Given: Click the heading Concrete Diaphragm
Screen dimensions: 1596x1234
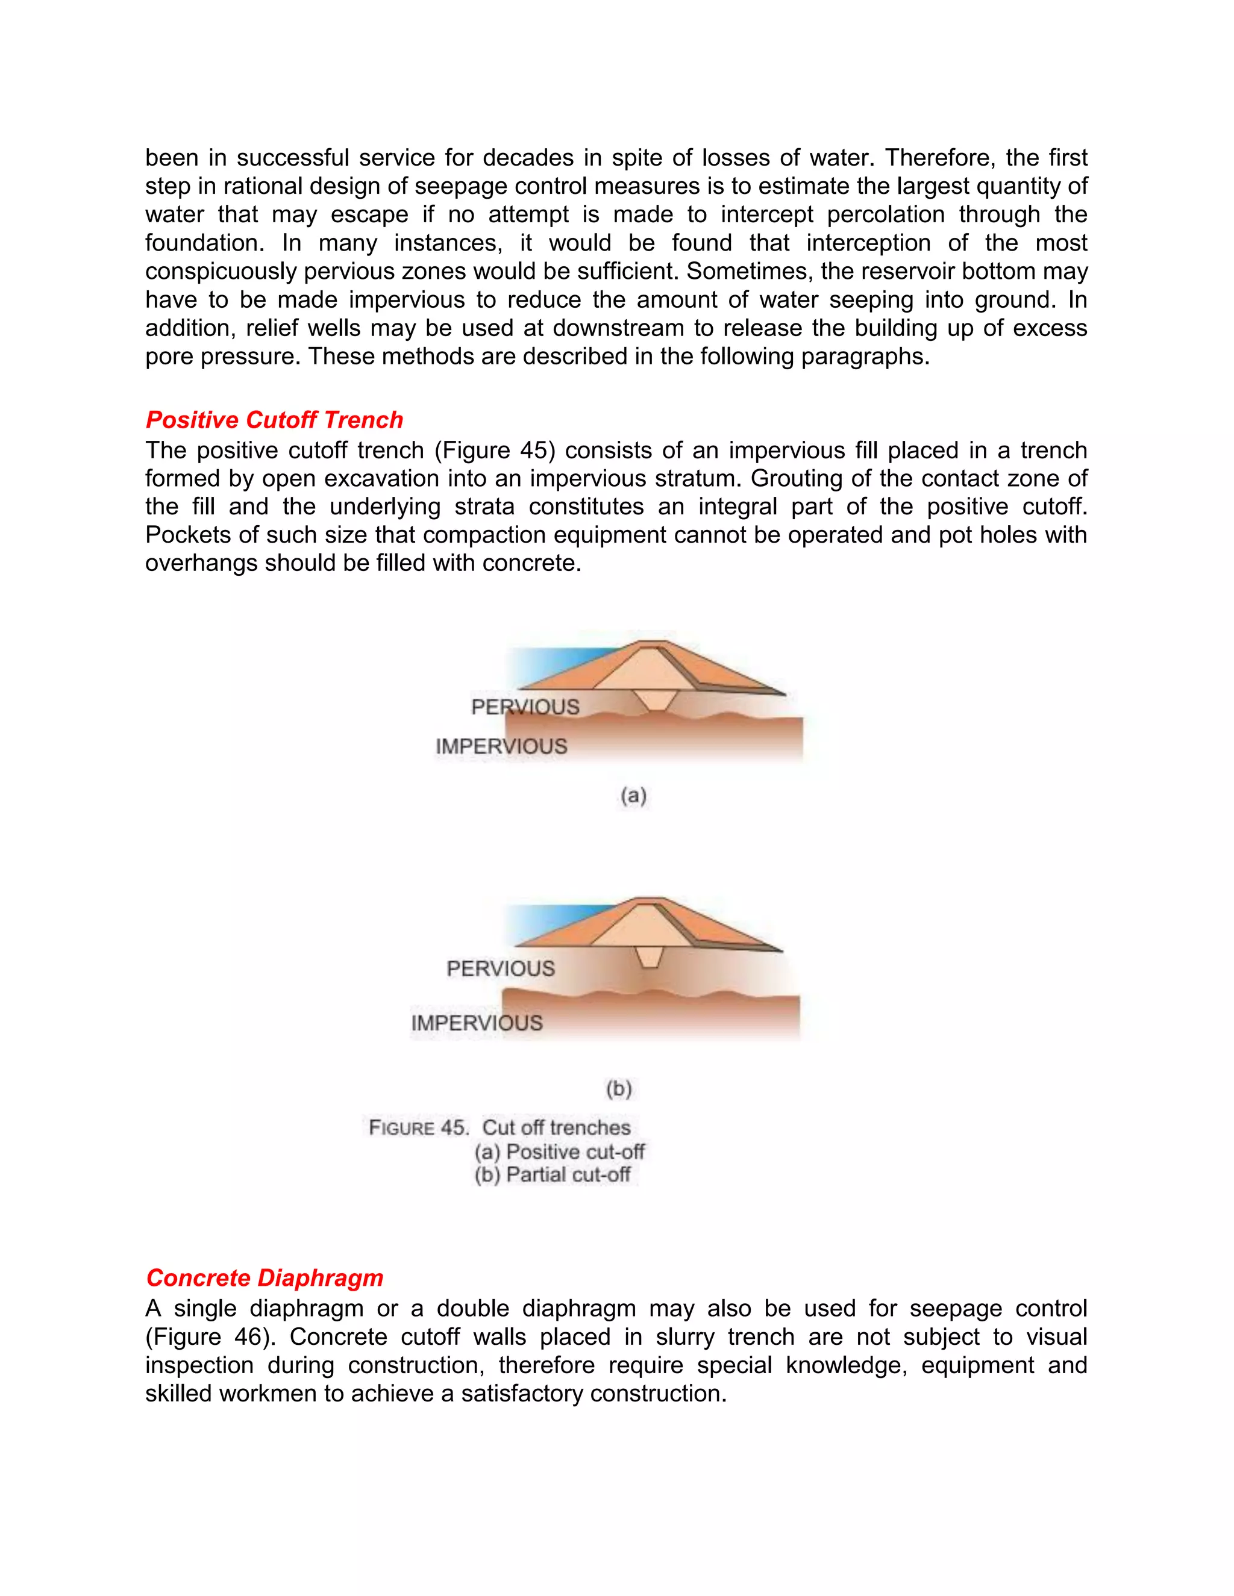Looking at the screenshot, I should pyautogui.click(x=264, y=1277).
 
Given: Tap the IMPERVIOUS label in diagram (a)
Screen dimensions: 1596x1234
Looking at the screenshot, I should pyautogui.click(x=501, y=746).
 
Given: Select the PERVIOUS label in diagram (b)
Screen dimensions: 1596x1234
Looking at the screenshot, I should pyautogui.click(x=501, y=968).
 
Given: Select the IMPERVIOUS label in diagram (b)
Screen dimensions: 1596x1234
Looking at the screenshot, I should pyautogui.click(x=477, y=1023).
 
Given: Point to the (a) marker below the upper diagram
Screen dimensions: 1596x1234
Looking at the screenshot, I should pyautogui.click(x=633, y=795).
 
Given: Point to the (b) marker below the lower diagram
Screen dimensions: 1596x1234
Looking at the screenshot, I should pyautogui.click(x=618, y=1089).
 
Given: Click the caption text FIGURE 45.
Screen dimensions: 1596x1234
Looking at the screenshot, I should pyautogui.click(x=418, y=1127).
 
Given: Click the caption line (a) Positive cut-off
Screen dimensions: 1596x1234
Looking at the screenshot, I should pyautogui.click(x=559, y=1152).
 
